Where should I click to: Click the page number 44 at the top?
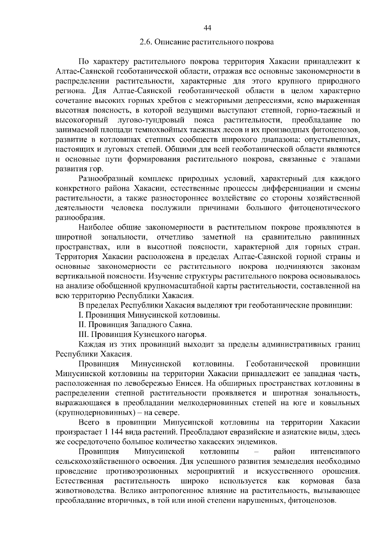(207, 28)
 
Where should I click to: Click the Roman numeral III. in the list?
(83, 334)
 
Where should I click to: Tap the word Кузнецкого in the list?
(152, 334)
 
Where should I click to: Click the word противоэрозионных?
(142, 471)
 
